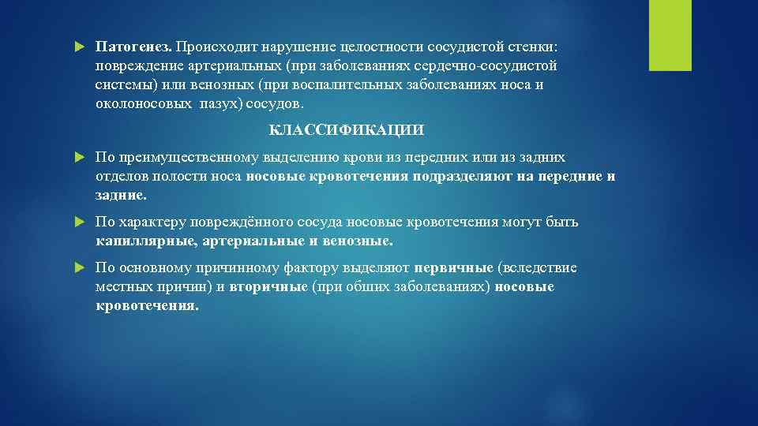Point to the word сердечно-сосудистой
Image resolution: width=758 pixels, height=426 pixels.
coord(489,65)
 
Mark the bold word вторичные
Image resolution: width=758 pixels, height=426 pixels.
coord(268,286)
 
